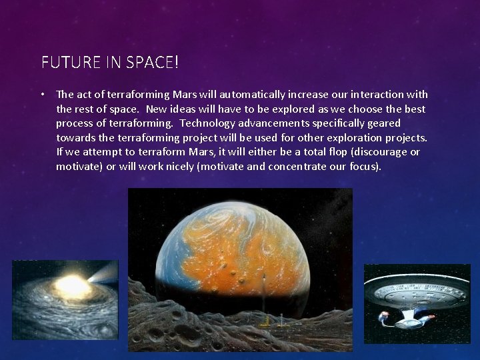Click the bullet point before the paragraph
click(x=43, y=94)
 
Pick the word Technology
click(x=207, y=123)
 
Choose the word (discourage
click(x=379, y=152)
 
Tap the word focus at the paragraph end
click(x=364, y=167)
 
